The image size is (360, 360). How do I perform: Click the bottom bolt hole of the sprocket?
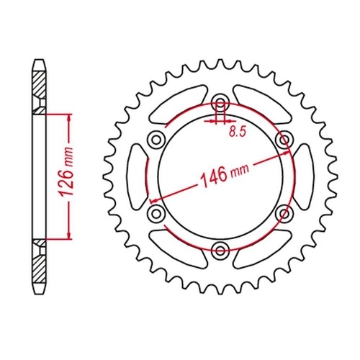(x=220, y=251)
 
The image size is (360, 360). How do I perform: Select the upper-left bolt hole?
(x=156, y=140)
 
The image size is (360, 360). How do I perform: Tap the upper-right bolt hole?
(x=284, y=140)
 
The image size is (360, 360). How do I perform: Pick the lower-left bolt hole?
(x=156, y=213)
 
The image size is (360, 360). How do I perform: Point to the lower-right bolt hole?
(x=284, y=213)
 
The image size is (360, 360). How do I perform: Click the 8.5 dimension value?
(x=238, y=132)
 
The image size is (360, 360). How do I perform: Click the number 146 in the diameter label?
(x=215, y=177)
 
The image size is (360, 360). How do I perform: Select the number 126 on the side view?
(x=66, y=183)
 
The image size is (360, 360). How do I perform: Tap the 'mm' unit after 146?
(x=240, y=170)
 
